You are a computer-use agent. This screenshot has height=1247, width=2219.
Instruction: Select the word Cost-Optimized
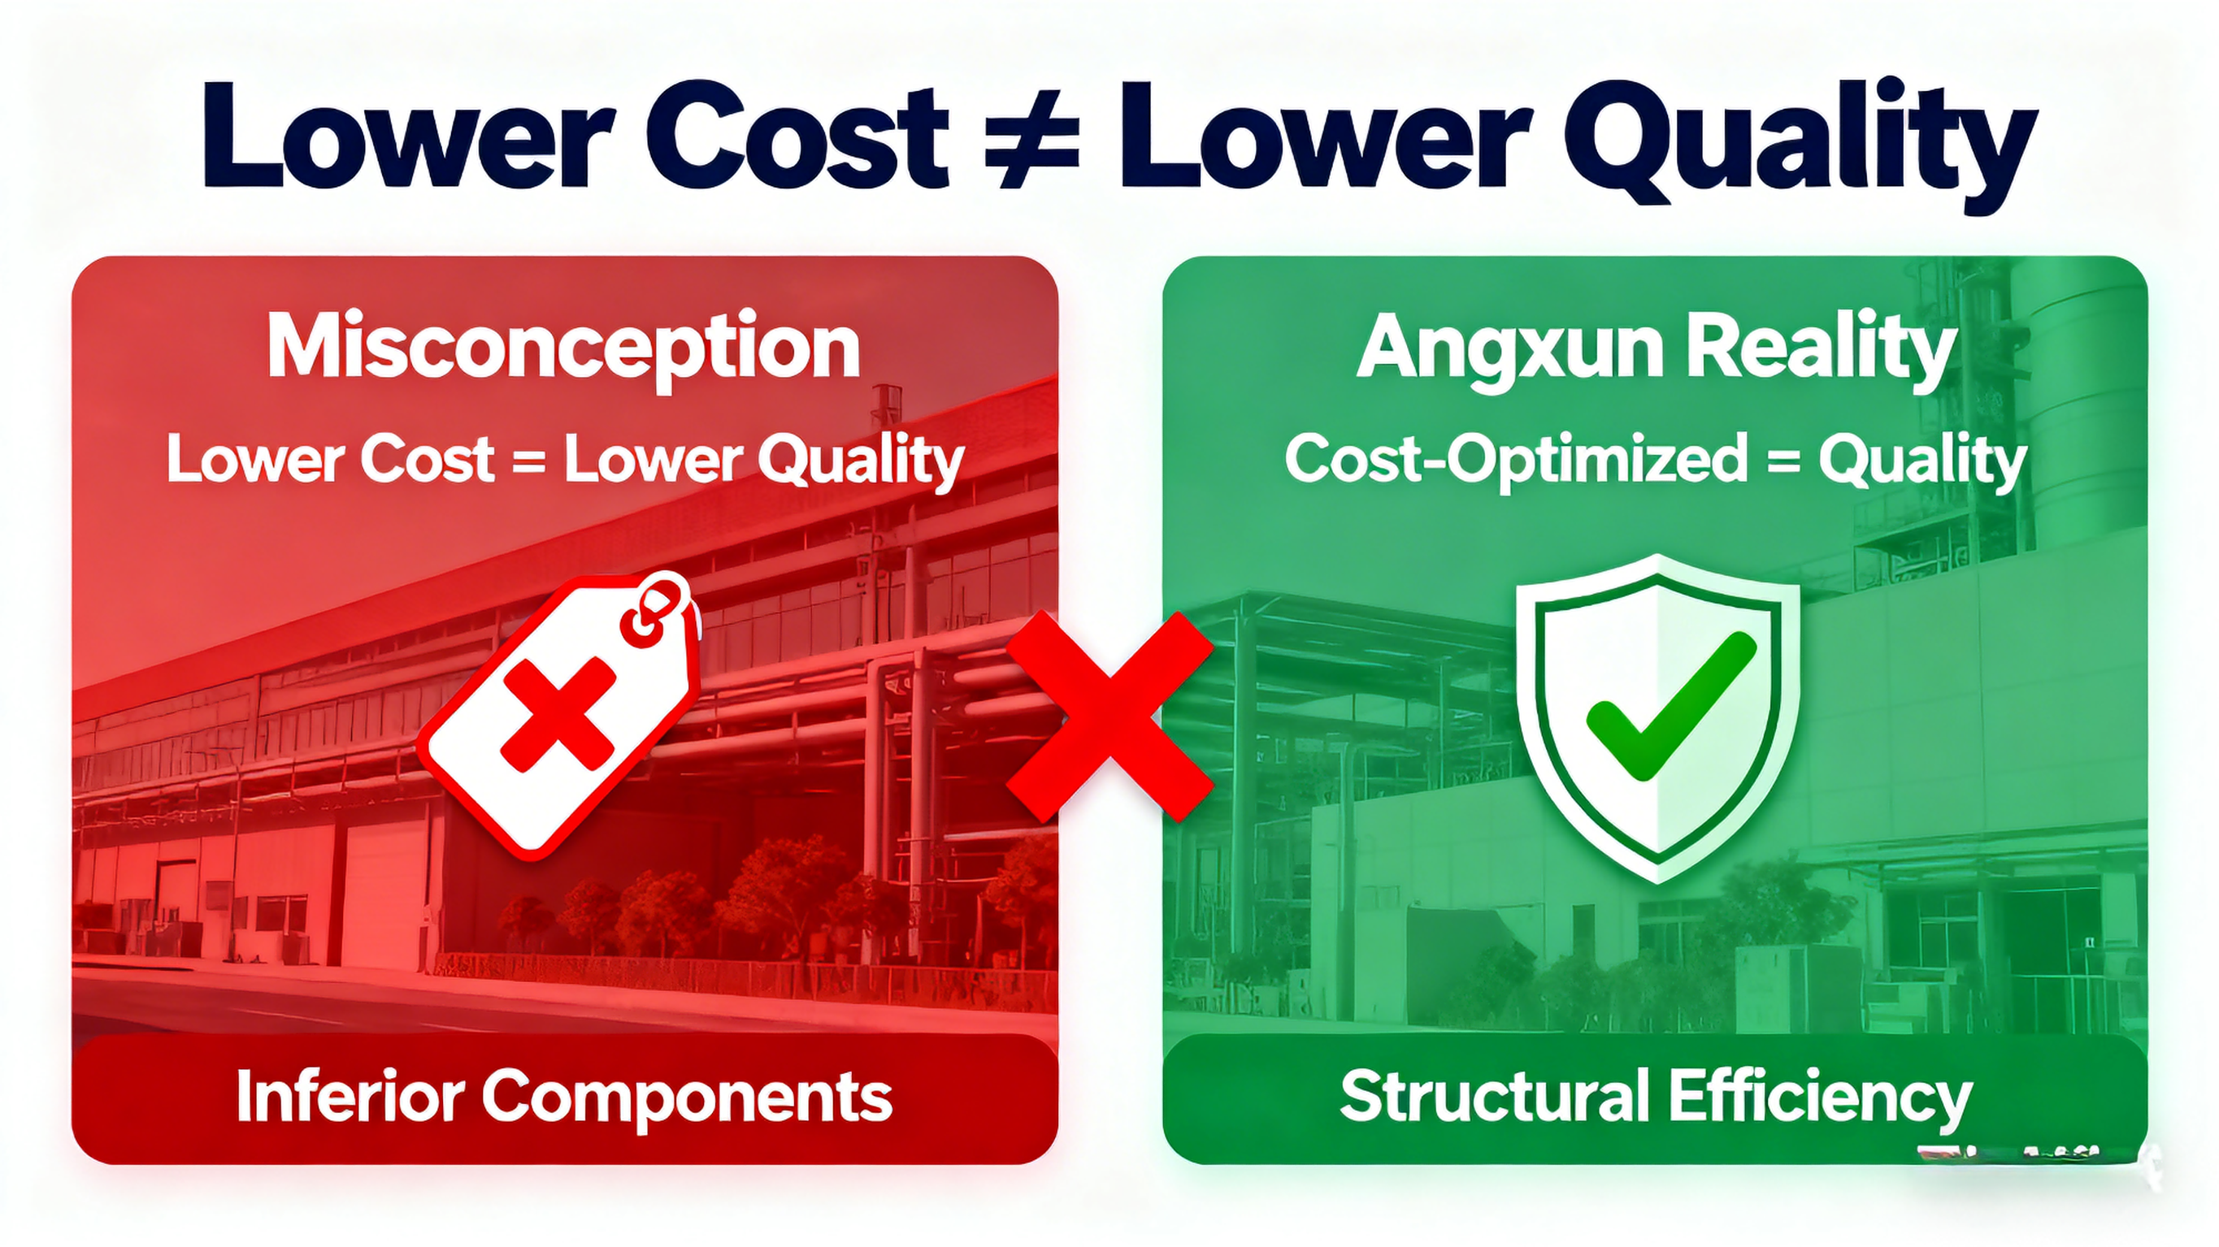click(x=1516, y=460)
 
